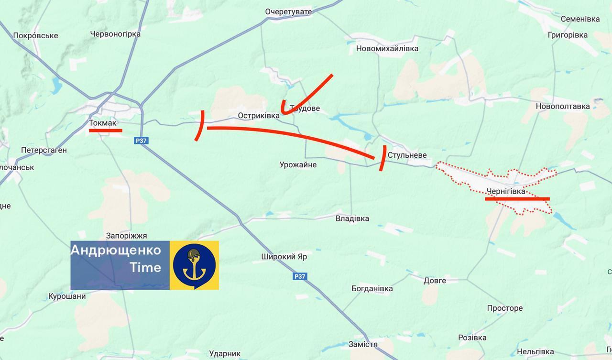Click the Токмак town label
click(103, 123)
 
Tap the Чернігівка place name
click(505, 191)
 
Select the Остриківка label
click(259, 116)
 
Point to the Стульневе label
click(407, 155)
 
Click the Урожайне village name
click(298, 165)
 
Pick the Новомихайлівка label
click(387, 48)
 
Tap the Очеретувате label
click(288, 11)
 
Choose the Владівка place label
click(352, 218)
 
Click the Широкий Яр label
click(284, 257)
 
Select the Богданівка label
click(372, 288)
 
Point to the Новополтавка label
click(563, 106)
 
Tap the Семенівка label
click(580, 19)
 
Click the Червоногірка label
click(115, 34)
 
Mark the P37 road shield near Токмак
click(141, 141)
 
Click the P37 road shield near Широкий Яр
click(300, 276)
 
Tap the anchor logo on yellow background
click(195, 265)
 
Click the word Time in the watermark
click(145, 268)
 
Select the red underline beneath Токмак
click(106, 130)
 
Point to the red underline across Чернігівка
click(517, 199)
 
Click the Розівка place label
click(472, 338)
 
